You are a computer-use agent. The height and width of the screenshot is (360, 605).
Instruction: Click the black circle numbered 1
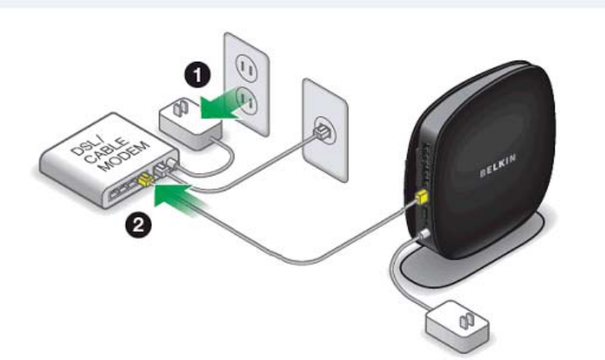(x=195, y=76)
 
